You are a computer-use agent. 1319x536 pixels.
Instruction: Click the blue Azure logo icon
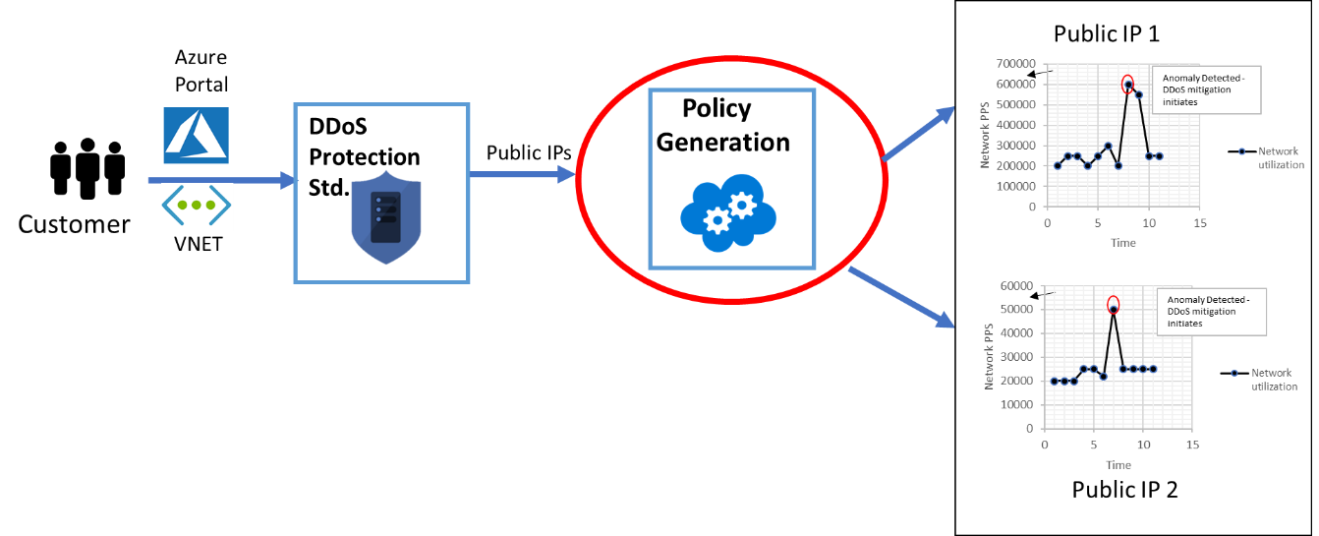pos(196,135)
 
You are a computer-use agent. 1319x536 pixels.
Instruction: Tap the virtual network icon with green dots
pos(197,206)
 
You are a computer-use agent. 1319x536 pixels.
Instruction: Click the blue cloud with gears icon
pos(727,212)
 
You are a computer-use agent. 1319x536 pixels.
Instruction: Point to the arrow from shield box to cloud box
pos(522,175)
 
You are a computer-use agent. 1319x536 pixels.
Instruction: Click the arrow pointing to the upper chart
pos(918,132)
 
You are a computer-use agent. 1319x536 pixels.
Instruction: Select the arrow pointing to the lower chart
pos(901,296)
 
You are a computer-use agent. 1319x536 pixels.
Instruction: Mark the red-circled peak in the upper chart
pos(1127,85)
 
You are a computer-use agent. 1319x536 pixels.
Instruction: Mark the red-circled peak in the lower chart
pos(1113,306)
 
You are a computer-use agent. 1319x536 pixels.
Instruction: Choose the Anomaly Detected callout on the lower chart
pos(1210,311)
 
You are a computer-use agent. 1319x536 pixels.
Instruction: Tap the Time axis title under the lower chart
pos(1118,464)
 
